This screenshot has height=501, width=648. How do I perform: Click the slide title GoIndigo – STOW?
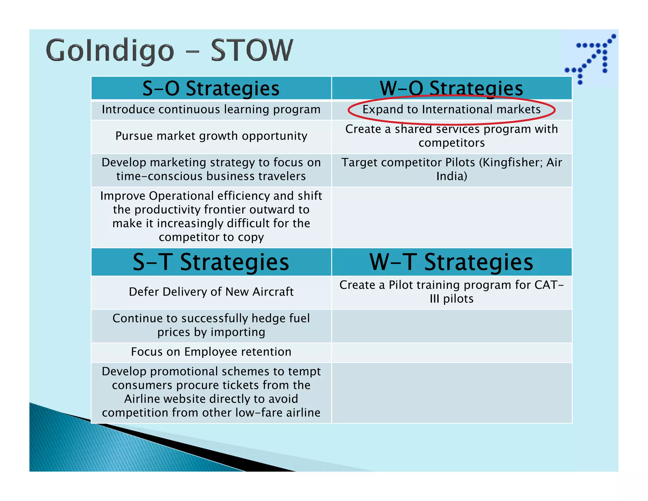click(x=170, y=51)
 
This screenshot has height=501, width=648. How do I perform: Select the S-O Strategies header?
click(x=211, y=88)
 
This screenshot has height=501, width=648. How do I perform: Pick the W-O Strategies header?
click(x=452, y=88)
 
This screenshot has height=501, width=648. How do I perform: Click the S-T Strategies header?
click(x=211, y=262)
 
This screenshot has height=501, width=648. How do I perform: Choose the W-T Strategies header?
click(x=452, y=262)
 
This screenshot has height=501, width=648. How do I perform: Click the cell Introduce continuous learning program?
click(x=211, y=110)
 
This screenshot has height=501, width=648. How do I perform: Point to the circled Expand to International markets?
click(x=452, y=110)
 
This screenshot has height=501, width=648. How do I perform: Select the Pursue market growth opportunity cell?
click(x=211, y=136)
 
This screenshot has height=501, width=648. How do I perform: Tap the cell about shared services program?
click(x=452, y=136)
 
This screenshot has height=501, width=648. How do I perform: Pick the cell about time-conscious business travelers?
click(x=211, y=169)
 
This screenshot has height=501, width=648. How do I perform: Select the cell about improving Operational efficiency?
click(x=211, y=217)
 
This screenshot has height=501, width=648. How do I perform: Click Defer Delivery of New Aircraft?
click(x=211, y=292)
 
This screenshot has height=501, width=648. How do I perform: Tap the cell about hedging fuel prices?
click(x=211, y=325)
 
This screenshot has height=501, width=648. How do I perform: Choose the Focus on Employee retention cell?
click(x=211, y=352)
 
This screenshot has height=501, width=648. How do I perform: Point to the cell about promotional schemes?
click(x=211, y=392)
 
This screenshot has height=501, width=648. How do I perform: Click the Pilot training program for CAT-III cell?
click(x=452, y=292)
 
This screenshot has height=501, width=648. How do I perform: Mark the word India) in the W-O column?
click(x=452, y=176)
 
